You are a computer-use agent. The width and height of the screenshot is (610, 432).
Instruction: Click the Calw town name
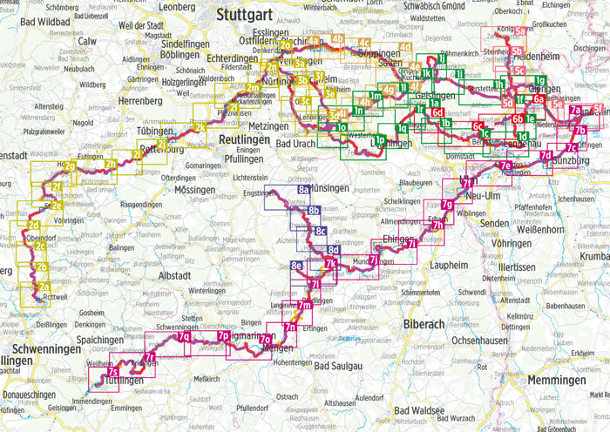tap(88, 40)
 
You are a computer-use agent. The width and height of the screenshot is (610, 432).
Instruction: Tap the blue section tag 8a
tap(303, 189)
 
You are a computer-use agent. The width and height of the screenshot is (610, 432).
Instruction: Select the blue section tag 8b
tap(314, 211)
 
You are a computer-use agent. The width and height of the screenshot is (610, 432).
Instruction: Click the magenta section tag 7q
tap(184, 336)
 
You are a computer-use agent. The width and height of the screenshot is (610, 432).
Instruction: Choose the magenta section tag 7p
tap(223, 336)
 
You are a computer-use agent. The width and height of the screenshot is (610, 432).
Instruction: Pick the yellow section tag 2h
tap(111, 163)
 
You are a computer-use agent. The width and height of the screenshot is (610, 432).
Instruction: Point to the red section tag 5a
tap(518, 31)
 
